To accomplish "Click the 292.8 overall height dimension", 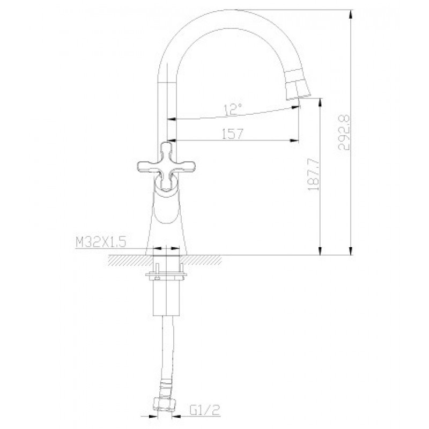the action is [x=344, y=132].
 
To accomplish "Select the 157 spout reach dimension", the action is [x=232, y=134].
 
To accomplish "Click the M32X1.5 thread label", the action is [x=101, y=242].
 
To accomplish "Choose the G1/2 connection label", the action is [x=205, y=410].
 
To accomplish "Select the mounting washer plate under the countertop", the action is [x=167, y=276].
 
